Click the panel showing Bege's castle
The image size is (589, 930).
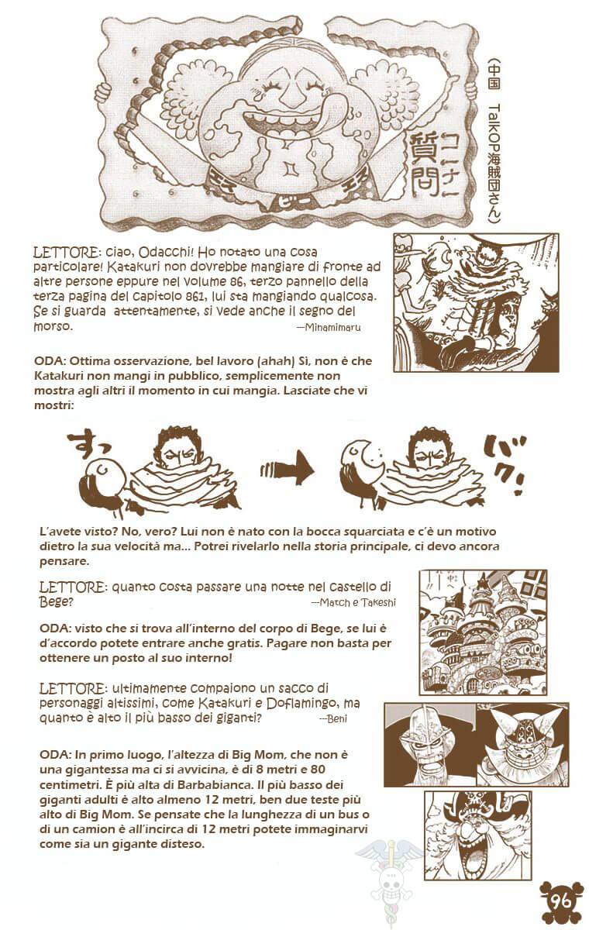483,632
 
